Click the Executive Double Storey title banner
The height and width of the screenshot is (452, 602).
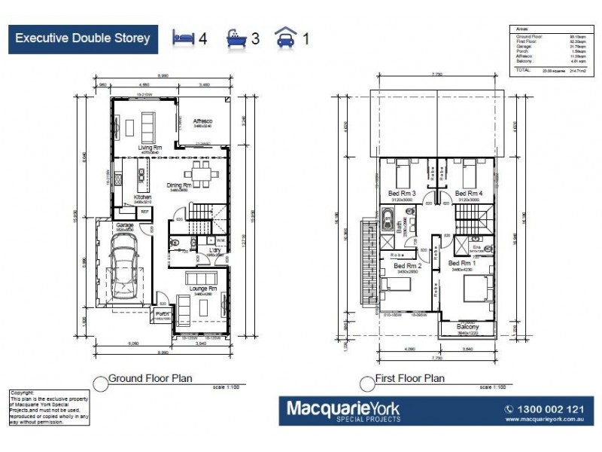click(83, 38)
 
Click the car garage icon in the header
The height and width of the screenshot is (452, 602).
click(284, 37)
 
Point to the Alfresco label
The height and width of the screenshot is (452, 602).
click(203, 121)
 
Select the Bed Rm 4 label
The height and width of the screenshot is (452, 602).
click(468, 194)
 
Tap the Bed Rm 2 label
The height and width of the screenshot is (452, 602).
click(406, 266)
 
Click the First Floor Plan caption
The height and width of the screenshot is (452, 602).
click(409, 379)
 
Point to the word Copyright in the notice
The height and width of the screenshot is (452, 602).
click(23, 392)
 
